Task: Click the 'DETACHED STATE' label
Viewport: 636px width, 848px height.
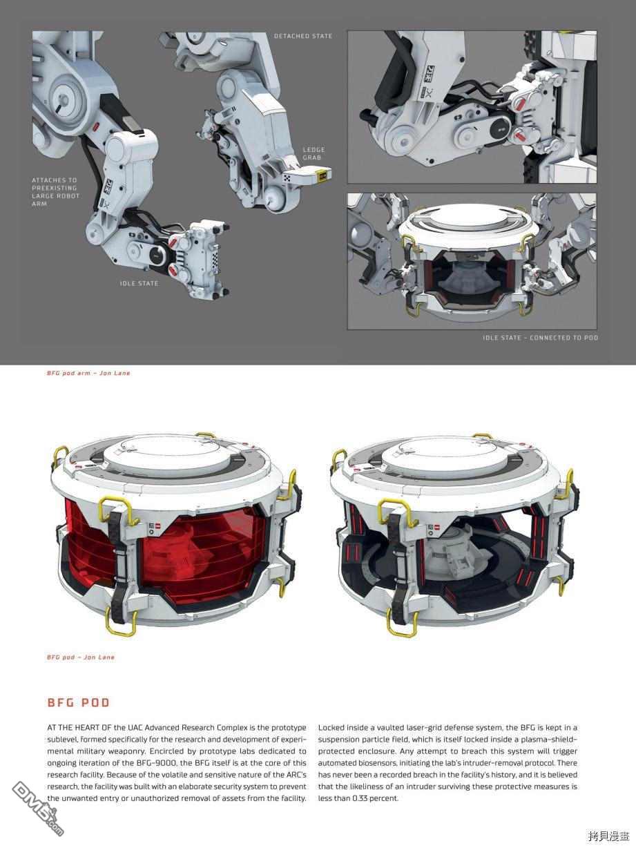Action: (303, 36)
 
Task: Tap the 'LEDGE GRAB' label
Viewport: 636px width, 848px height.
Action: (314, 153)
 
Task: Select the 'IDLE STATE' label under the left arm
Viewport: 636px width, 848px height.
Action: (139, 283)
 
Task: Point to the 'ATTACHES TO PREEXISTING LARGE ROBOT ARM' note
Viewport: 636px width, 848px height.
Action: (56, 191)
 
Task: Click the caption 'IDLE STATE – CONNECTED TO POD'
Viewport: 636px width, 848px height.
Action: (540, 338)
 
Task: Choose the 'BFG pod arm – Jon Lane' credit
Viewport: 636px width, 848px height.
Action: (88, 373)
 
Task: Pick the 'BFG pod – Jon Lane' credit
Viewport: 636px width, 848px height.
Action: (81, 657)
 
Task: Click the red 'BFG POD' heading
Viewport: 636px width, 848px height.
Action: (79, 702)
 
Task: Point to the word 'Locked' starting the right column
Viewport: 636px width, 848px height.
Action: (331, 727)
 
